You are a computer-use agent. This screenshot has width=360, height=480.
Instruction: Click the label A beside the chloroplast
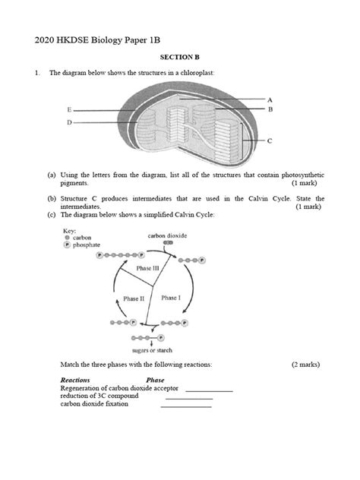pyautogui.click(x=270, y=99)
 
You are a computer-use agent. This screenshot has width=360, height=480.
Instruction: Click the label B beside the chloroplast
pyautogui.click(x=270, y=109)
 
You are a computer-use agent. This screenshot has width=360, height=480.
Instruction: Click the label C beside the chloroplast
pyautogui.click(x=270, y=141)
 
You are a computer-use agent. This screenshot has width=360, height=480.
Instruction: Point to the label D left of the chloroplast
pyautogui.click(x=70, y=122)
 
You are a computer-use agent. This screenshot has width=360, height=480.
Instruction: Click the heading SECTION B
pyautogui.click(x=179, y=57)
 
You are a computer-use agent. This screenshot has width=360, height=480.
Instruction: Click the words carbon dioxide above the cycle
pyautogui.click(x=166, y=236)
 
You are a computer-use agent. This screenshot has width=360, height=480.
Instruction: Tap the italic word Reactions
pyautogui.click(x=75, y=380)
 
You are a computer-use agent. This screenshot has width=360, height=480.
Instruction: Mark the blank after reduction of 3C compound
pyautogui.click(x=188, y=397)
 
